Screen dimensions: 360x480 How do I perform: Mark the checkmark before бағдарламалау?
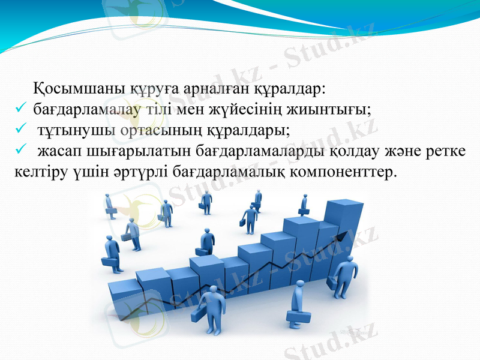coord(20,110)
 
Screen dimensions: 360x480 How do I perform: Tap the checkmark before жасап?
coord(20,151)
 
